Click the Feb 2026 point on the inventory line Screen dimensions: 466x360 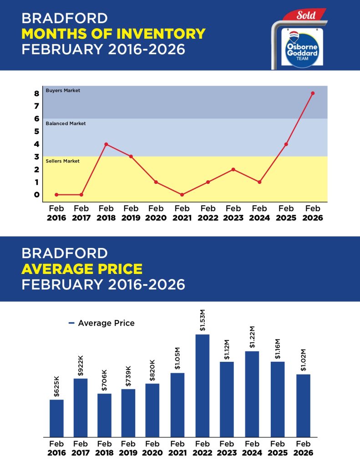[312, 93]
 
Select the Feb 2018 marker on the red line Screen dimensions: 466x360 [106, 144]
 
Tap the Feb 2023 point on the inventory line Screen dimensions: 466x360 [233, 169]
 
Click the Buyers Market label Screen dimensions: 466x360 [63, 91]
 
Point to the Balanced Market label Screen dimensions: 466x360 [66, 123]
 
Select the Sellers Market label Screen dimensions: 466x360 [63, 161]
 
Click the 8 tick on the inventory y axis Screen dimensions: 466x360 [36, 94]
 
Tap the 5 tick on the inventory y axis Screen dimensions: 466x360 [36, 132]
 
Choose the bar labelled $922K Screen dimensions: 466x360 [81, 407]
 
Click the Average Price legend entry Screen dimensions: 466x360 [101, 323]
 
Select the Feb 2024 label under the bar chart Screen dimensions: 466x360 [252, 448]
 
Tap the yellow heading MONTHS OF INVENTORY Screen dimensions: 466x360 [113, 34]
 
